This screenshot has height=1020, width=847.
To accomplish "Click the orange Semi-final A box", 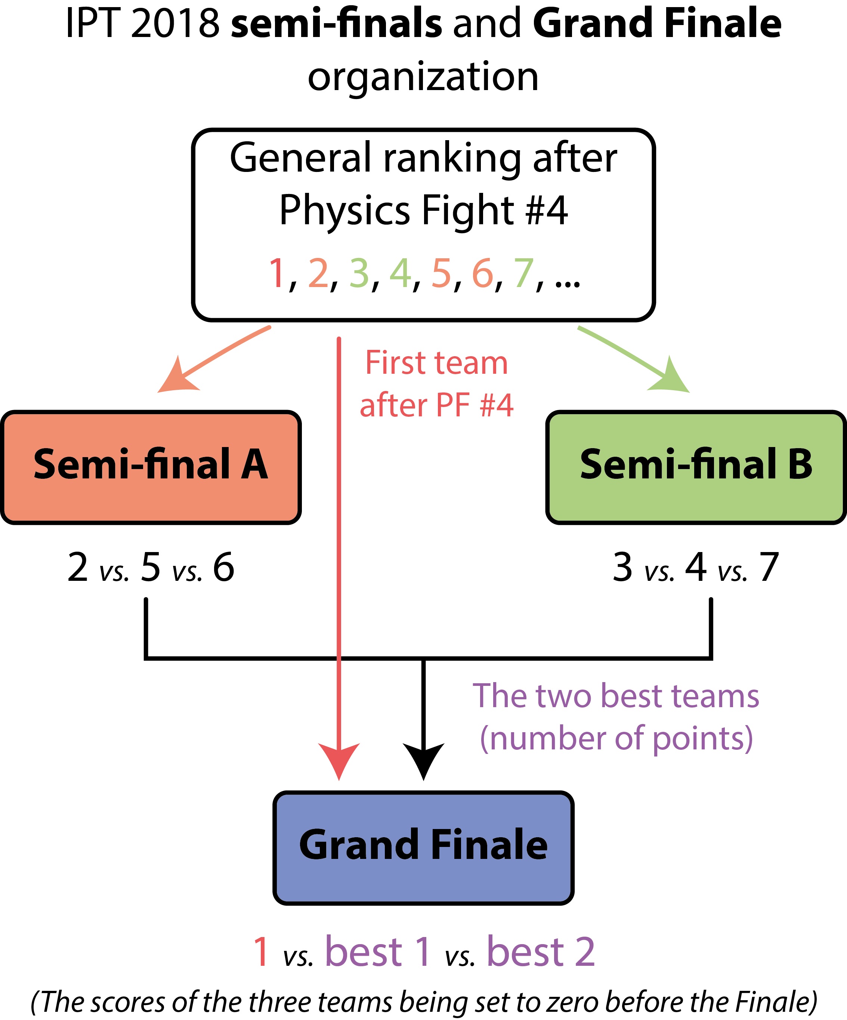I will click(x=151, y=467).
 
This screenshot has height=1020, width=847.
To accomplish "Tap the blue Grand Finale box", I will click(x=424, y=848).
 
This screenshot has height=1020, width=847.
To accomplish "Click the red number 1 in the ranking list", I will click(x=277, y=274).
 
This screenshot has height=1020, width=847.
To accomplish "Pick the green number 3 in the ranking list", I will click(x=359, y=274).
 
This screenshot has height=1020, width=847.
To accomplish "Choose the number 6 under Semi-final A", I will click(x=224, y=567).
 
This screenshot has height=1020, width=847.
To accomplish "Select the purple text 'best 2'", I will click(x=541, y=951).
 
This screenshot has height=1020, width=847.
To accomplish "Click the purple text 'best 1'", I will click(x=378, y=951).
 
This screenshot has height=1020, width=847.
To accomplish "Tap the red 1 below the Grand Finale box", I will click(x=261, y=951).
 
